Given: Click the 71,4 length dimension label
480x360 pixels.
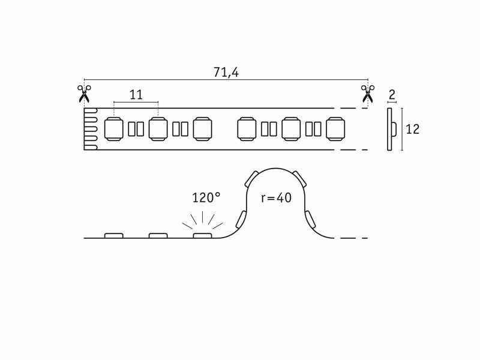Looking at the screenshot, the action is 226,72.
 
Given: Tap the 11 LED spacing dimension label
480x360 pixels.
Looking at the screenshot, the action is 136,95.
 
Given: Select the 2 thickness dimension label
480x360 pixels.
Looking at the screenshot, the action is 392,95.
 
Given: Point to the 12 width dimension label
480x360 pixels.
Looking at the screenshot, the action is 412,130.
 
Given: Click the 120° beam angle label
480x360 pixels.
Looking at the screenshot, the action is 206,198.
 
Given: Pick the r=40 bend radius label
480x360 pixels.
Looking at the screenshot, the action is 276,198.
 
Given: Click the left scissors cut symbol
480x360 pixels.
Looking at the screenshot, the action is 84,94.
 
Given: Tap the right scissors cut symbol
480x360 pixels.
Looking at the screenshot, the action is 368,94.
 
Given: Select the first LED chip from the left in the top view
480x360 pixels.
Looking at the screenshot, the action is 114,129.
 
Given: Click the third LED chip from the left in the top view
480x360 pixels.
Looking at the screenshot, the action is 202,129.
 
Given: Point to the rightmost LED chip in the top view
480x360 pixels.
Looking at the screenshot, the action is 335,129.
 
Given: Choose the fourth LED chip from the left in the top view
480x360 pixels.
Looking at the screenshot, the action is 247,129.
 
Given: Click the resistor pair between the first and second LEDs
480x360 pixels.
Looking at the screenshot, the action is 136,129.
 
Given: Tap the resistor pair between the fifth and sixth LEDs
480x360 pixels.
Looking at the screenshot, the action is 313,129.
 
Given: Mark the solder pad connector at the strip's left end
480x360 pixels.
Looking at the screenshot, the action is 91,129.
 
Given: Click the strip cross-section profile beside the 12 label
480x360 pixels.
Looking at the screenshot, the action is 392,130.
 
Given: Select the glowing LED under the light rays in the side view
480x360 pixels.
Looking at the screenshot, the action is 202,236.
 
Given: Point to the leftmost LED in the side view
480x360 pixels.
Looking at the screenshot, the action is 114,236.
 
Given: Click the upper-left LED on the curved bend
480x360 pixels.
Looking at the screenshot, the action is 252,179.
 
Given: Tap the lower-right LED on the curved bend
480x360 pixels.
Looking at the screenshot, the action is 310,219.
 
